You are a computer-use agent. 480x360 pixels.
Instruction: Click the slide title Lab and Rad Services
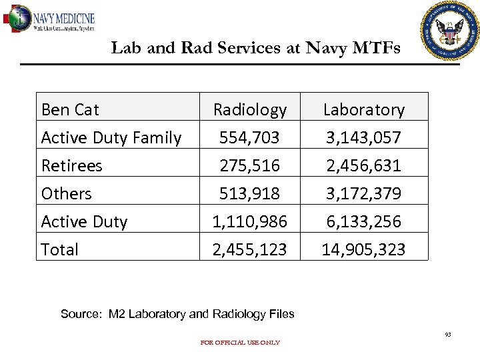255,48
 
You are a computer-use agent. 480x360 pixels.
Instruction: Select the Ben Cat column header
70,109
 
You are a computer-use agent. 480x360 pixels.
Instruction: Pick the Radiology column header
249,109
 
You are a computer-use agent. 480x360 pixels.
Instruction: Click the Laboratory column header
363,109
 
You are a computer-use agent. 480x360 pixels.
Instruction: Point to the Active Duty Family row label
111,138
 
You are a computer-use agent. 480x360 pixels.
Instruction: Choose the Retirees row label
71,165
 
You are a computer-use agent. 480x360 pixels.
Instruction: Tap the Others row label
66,194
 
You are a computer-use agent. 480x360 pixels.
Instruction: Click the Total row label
59,249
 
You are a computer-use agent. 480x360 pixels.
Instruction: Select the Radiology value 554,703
250,138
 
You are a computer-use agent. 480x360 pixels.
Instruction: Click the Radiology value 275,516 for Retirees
250,165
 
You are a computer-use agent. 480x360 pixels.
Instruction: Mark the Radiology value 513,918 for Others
250,194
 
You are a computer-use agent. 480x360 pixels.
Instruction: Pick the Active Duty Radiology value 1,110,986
250,221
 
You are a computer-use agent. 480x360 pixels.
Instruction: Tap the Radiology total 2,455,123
250,249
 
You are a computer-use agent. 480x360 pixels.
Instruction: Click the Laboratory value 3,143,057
363,138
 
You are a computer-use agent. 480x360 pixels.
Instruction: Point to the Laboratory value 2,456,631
363,165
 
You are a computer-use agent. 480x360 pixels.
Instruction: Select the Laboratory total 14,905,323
363,249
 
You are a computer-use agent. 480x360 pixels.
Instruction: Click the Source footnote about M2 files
177,314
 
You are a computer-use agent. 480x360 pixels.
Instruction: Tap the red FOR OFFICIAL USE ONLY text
240,343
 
